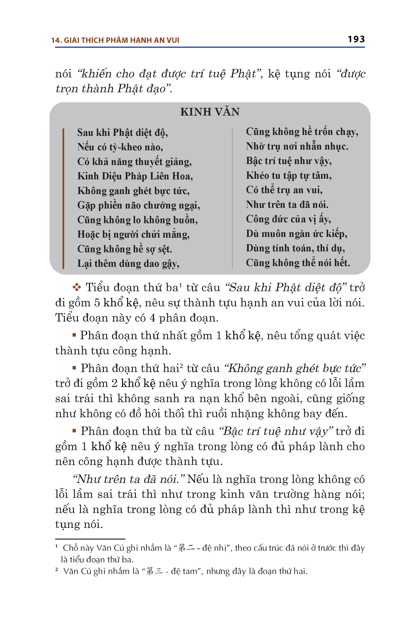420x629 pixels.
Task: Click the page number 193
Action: coord(356,39)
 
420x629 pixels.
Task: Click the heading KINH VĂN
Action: coord(210,112)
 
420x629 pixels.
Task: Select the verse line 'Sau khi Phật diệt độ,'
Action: coord(122,133)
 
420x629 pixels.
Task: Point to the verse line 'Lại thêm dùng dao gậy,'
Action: coord(128,264)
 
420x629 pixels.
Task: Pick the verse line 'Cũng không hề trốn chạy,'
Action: coord(302,132)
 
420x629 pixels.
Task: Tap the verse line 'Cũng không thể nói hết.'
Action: coord(298,263)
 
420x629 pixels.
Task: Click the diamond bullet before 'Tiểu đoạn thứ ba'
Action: coord(77,287)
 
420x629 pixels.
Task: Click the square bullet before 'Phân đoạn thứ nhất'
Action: coord(74,335)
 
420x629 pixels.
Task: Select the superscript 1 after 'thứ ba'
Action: coord(181,285)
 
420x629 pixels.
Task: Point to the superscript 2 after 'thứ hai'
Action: coord(181,365)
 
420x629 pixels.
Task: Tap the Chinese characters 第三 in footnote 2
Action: coord(154,571)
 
